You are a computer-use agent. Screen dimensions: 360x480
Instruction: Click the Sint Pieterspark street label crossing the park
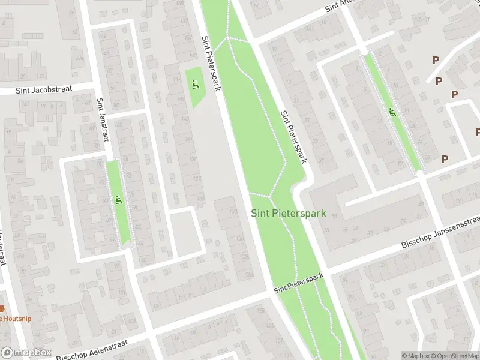click(x=299, y=283)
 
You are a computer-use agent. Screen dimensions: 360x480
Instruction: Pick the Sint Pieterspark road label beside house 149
click(x=211, y=64)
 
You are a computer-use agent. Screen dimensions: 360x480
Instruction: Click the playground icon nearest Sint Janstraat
click(x=118, y=200)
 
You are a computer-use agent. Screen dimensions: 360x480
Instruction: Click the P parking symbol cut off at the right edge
click(x=478, y=132)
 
